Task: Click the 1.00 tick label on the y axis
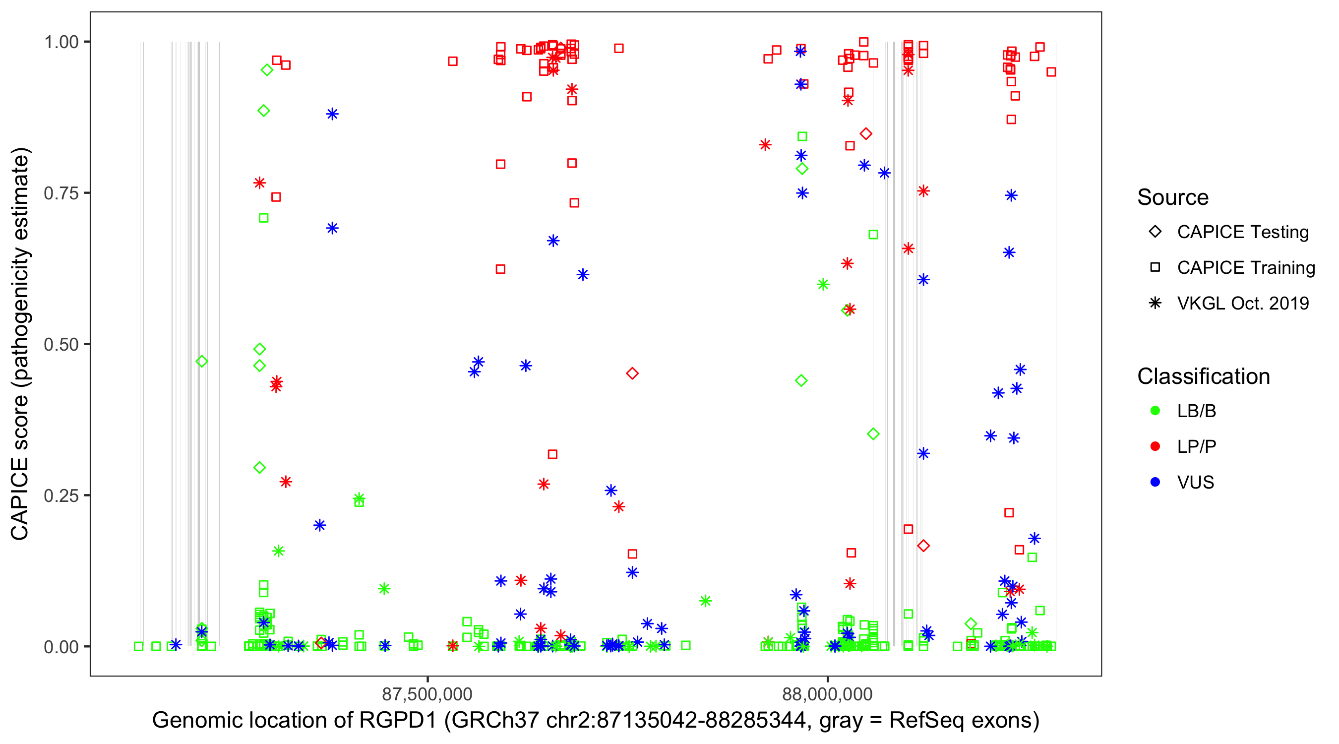point(61,42)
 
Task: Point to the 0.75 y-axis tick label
point(61,193)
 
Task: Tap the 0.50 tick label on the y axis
point(61,345)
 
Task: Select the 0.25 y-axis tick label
point(61,496)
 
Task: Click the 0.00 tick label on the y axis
point(61,647)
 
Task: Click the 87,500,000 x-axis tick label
point(427,694)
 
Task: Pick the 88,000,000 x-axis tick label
point(828,694)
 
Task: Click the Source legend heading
point(1173,197)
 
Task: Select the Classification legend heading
point(1203,376)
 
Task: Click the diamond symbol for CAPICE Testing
point(1155,232)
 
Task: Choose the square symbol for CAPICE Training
point(1155,268)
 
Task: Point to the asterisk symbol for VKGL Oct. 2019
point(1155,303)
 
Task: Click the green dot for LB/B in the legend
point(1155,411)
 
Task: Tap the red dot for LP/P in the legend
point(1155,446)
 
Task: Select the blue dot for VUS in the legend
point(1155,483)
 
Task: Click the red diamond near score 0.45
point(632,373)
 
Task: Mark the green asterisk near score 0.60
point(823,284)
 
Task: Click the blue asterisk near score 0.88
point(332,115)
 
